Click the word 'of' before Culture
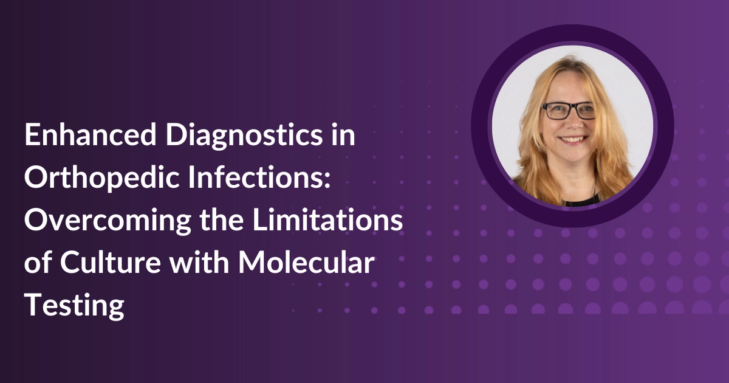pyautogui.click(x=38, y=264)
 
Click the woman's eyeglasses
pyautogui.click(x=569, y=111)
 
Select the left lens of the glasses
pyautogui.click(x=555, y=111)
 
